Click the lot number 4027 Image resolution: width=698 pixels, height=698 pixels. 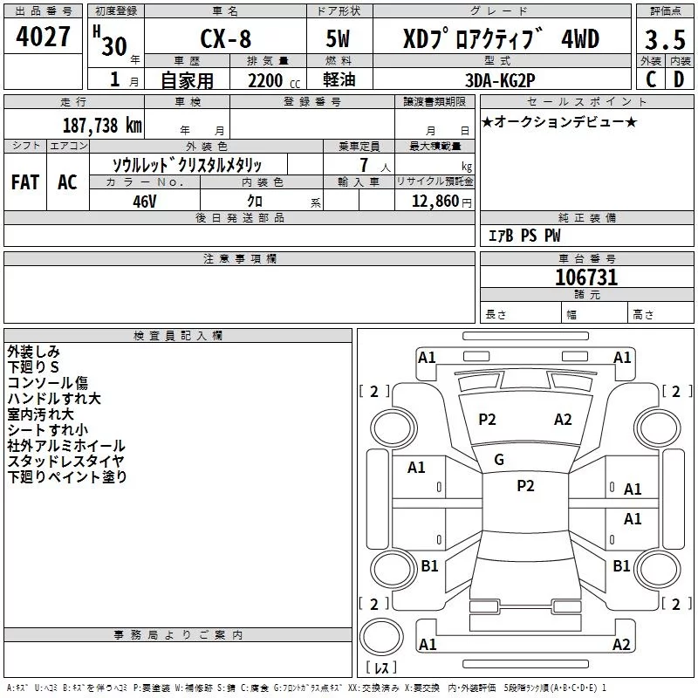coord(43,37)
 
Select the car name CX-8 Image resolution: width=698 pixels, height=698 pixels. coord(225,38)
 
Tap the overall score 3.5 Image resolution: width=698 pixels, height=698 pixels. coord(665,39)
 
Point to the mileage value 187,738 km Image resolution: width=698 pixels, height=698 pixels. coord(102,126)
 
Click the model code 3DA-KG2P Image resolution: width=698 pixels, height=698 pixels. coord(500,80)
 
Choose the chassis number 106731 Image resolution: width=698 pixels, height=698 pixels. coord(586,277)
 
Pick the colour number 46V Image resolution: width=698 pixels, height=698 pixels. coord(145,202)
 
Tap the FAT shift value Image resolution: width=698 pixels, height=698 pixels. coord(25,182)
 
